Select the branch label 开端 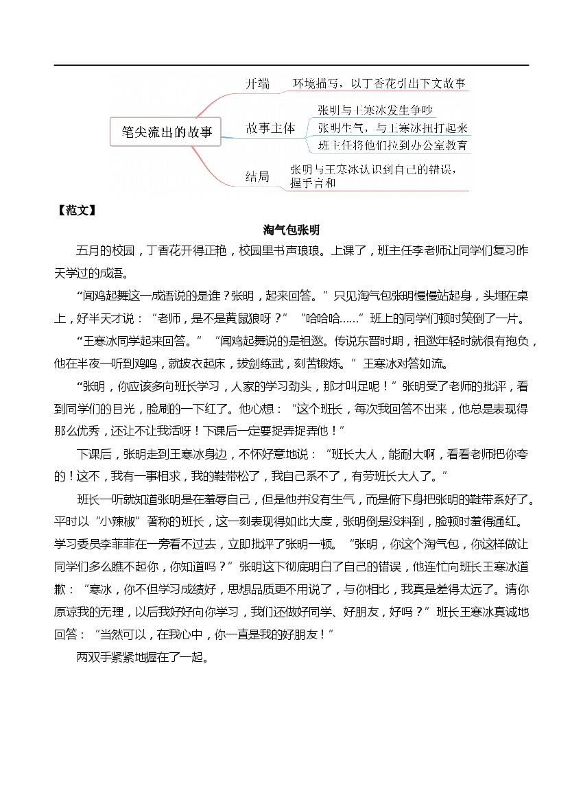coord(258,84)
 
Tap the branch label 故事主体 coord(270,128)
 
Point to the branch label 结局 coord(257,176)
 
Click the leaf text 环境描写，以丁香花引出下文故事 coord(379,84)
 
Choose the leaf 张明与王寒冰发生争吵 coord(374,110)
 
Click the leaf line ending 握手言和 coord(313,183)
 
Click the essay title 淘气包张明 coord(291,230)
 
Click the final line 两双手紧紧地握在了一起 coord(142,657)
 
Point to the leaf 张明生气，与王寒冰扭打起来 coord(392,128)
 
